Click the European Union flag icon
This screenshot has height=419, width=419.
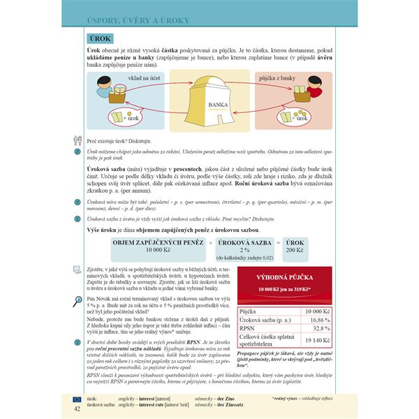coord(76,399)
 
